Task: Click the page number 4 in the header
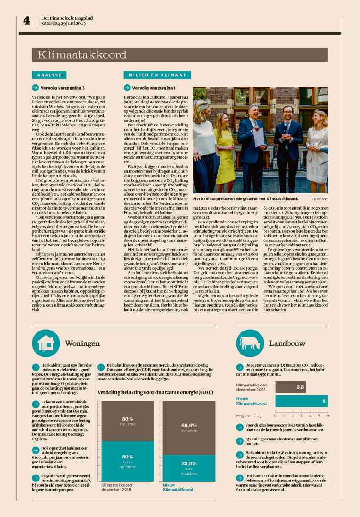[x=26, y=21]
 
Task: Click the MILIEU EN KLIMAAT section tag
[x=155, y=75]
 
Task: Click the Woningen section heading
[x=82, y=344]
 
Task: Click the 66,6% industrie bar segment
[x=189, y=427]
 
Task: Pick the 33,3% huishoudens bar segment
[x=189, y=468]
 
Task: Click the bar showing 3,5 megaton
[x=291, y=387]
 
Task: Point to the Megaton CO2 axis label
[x=249, y=416]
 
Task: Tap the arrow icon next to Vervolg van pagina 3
[x=35, y=88]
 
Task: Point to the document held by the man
[x=259, y=138]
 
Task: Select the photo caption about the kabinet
[x=246, y=198]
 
